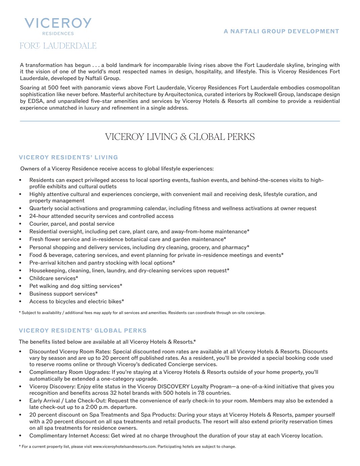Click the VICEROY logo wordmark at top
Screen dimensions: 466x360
tap(58, 23)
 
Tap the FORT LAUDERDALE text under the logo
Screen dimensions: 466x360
tap(58, 46)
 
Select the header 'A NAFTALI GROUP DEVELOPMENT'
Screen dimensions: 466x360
tap(281, 31)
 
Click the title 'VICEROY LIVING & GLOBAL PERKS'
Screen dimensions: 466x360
tap(180, 137)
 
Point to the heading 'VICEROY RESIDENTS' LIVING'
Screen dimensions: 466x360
tap(68, 157)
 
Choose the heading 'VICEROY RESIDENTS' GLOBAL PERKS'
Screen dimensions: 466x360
tap(83, 331)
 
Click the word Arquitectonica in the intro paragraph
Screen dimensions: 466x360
tap(183, 94)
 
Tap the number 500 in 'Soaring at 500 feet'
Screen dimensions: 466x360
tap(53, 88)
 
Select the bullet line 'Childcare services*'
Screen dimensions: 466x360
tap(53, 278)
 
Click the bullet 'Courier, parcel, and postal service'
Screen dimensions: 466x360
tap(72, 224)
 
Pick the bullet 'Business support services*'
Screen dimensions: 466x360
tap(63, 294)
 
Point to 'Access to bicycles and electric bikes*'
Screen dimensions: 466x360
tap(77, 302)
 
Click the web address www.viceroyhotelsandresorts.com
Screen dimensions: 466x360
tap(124, 447)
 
